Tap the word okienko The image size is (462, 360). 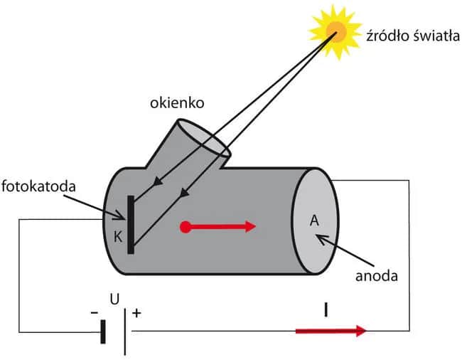click(177, 103)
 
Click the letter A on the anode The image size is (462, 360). click(313, 221)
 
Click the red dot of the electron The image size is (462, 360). click(186, 228)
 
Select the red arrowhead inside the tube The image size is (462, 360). click(249, 227)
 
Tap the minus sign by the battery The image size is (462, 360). click(95, 312)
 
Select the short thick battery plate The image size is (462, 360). click(104, 332)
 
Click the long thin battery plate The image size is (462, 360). click(126, 331)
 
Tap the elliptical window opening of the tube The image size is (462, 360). click(203, 139)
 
